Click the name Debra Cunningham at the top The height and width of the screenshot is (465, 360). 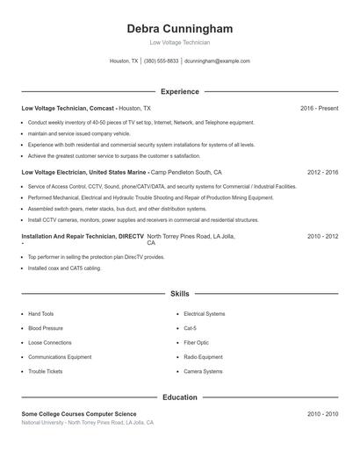179,29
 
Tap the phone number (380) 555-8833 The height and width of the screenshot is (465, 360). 161,61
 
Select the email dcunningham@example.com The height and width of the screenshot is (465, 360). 217,61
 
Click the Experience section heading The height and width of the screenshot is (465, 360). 179,91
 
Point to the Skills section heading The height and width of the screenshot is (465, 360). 179,293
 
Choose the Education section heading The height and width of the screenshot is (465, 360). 179,397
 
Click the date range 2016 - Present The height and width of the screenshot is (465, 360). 319,108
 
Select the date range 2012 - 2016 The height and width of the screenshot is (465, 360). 322,173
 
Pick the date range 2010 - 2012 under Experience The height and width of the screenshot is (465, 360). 322,237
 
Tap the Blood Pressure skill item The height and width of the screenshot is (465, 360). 46,328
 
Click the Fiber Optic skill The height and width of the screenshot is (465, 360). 197,342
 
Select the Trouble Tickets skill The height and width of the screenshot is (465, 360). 45,371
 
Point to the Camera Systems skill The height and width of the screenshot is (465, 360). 203,371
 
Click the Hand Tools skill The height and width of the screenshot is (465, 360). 41,313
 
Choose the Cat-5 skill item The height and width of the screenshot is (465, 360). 191,328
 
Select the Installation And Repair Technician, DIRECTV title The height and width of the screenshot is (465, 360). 83,237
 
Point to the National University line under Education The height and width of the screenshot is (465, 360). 88,423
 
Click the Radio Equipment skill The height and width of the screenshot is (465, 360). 203,357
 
